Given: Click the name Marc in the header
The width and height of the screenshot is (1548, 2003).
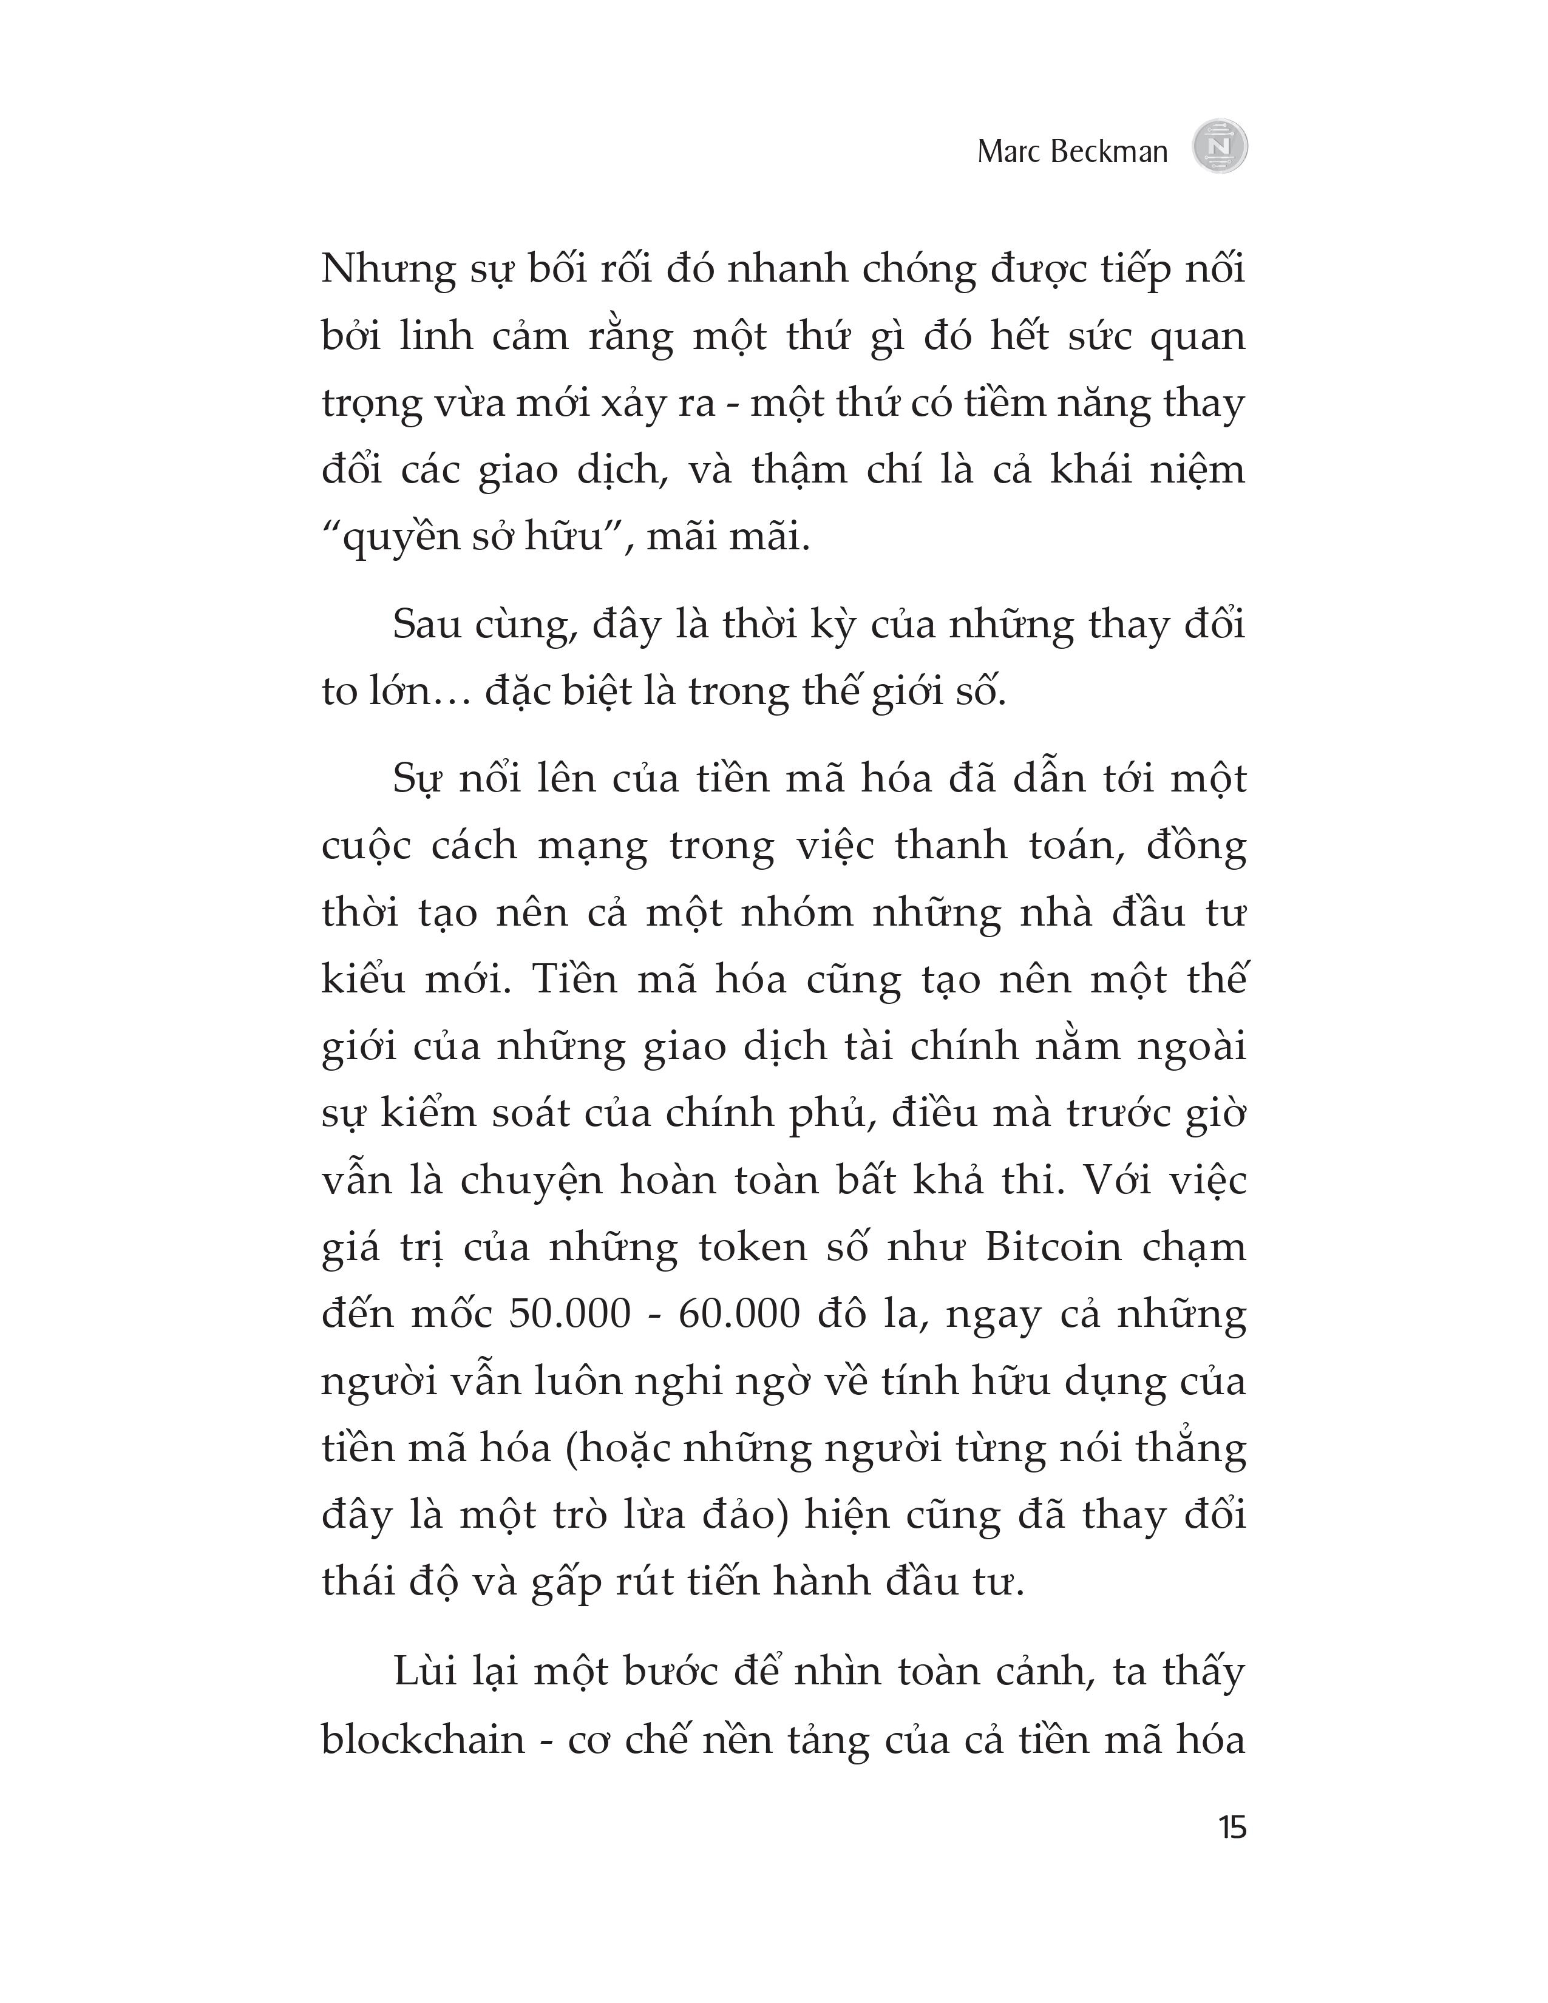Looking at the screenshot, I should [x=1008, y=151].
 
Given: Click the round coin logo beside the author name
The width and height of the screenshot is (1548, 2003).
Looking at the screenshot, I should [x=1220, y=147].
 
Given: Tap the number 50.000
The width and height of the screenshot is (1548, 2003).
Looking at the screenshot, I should [x=569, y=1314].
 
